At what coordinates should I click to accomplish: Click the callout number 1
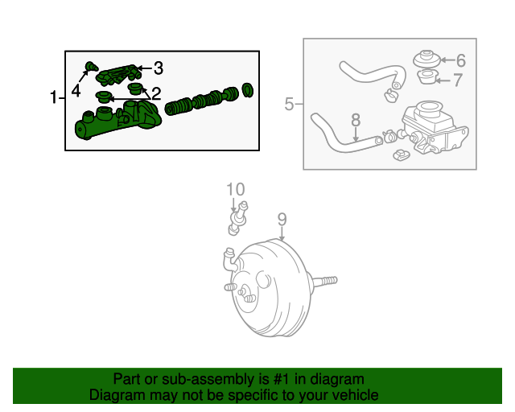54,97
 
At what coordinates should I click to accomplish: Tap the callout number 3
159,68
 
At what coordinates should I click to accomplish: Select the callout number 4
76,91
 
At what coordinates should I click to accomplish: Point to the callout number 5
289,104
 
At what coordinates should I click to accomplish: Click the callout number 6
461,60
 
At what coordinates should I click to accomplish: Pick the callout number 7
458,80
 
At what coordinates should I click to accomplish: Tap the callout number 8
356,120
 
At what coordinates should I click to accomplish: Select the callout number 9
282,220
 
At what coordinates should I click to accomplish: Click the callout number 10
236,190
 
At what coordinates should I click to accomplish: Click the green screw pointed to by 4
91,66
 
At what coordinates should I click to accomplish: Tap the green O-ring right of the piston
247,90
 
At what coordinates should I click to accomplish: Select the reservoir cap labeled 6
427,59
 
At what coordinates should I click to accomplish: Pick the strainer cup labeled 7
427,77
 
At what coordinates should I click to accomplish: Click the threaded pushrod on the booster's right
324,281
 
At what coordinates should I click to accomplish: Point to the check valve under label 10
238,218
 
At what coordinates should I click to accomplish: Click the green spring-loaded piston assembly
202,101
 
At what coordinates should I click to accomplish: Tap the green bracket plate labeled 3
119,75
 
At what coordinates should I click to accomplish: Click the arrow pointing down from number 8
356,134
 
